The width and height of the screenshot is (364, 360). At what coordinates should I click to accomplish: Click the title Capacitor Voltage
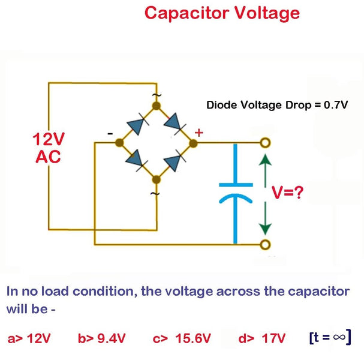pos(221,13)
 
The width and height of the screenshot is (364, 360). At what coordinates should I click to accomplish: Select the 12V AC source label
pos(48,148)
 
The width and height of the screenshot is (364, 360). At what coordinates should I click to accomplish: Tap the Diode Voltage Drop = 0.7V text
pos(276,105)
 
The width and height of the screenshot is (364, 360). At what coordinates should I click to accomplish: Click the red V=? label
pos(287,193)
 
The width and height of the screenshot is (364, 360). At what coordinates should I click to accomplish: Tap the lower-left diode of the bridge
pos(137,160)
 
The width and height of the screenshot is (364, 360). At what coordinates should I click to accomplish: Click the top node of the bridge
pos(157,106)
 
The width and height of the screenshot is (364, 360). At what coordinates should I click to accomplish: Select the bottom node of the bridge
pos(157,179)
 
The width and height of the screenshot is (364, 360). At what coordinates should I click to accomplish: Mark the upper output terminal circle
pos(265,143)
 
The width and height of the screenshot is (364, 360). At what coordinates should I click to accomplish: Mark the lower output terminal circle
pos(265,244)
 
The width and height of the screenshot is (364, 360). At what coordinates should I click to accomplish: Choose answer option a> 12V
pos(29,338)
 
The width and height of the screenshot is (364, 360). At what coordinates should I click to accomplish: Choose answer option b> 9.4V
pos(101,338)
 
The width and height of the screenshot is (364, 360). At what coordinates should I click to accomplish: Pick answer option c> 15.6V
pos(182,338)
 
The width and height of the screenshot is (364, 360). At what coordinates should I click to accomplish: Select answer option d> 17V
pos(262,338)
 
